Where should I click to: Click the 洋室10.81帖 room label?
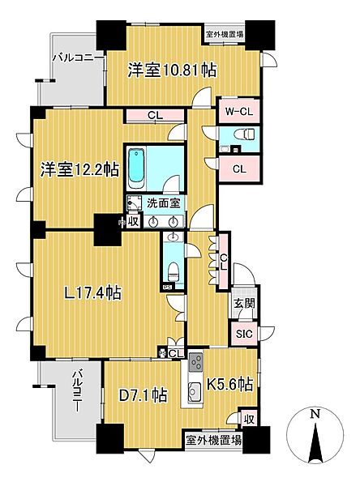click(171, 69)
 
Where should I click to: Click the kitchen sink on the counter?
click(195, 394)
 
